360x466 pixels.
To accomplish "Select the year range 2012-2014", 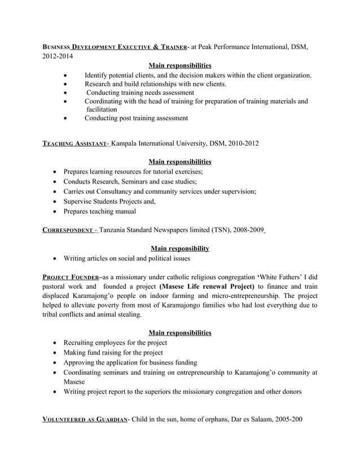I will coord(58,56).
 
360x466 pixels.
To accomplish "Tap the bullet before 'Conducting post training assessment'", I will coord(67,118).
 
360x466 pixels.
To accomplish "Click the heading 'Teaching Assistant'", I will coord(76,143).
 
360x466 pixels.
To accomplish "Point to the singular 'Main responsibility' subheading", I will coord(180,248).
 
